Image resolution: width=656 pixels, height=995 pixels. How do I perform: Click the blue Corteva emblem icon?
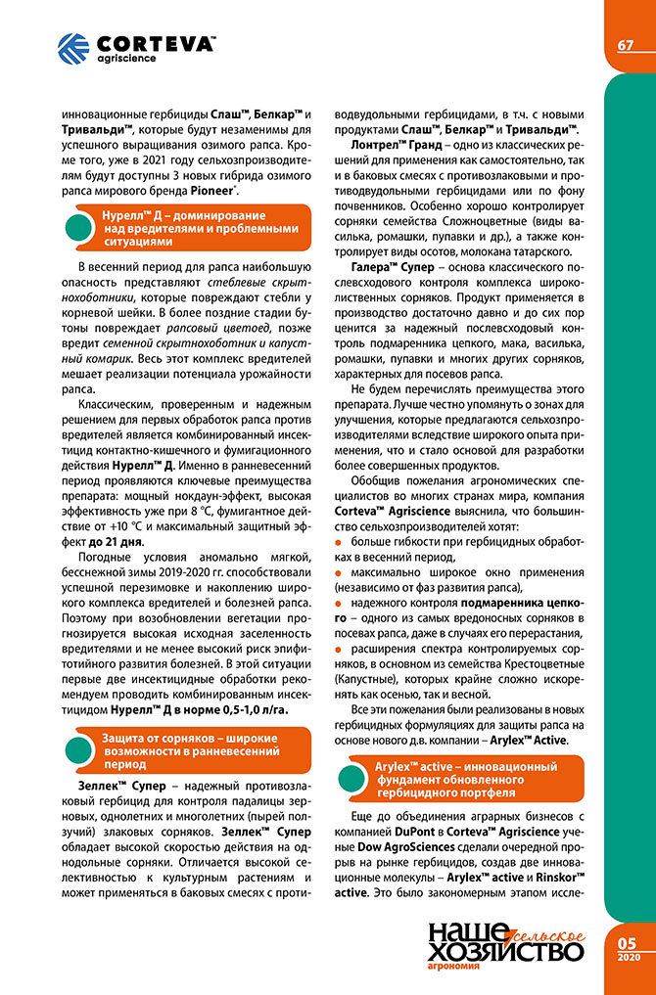click(x=72, y=48)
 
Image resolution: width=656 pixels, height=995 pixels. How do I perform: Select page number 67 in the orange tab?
click(x=626, y=46)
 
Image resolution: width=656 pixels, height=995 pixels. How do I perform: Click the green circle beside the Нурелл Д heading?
click(x=79, y=228)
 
